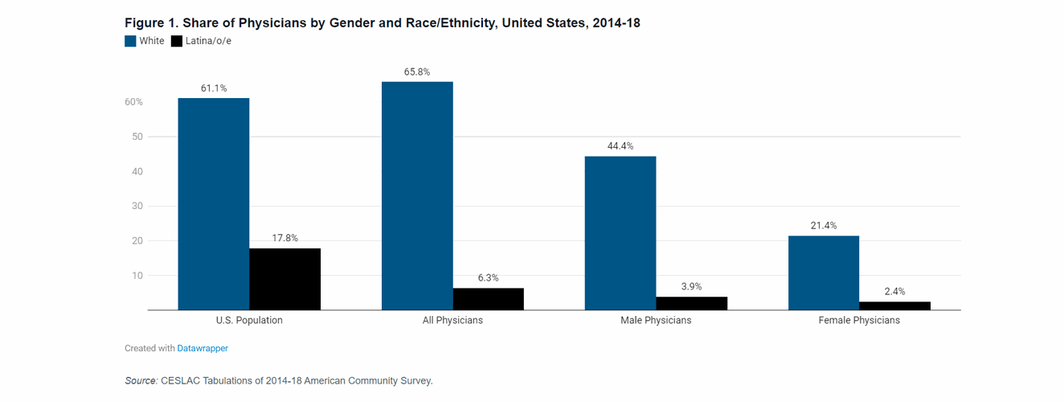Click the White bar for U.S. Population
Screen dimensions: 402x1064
coord(213,204)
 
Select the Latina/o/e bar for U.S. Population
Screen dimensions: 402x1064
coord(284,279)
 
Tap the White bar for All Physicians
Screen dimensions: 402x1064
coord(416,196)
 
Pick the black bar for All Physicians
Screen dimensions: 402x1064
coord(488,299)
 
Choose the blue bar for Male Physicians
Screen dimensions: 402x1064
coord(620,233)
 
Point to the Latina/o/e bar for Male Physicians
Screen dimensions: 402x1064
coord(691,303)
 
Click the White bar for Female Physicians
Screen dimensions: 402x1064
coord(823,273)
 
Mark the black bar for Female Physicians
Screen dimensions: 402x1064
coord(894,306)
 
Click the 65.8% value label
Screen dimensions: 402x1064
coord(416,72)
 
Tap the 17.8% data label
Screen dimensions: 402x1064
coord(284,238)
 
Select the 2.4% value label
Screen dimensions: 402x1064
coord(894,291)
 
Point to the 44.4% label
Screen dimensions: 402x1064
coord(620,146)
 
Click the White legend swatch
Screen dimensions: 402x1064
coord(130,41)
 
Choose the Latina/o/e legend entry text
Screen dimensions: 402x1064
coord(208,41)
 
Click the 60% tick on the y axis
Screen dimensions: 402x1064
coord(133,102)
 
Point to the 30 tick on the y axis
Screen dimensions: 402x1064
coord(137,206)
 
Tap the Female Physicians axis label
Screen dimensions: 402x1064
coord(859,320)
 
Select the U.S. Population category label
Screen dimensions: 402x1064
coord(249,320)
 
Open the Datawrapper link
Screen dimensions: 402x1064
coord(203,348)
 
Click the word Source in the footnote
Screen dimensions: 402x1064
coord(141,380)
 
